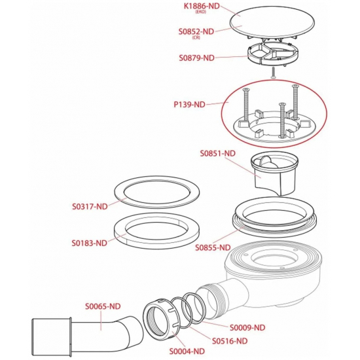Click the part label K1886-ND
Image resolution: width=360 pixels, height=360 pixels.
click(202, 6)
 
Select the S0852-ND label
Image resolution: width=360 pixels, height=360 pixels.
click(196, 31)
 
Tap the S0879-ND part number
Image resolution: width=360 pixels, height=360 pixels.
click(196, 58)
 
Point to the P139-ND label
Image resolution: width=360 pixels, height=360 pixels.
click(189, 105)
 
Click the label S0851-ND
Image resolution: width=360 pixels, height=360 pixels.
click(218, 153)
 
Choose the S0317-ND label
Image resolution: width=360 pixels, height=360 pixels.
click(90, 207)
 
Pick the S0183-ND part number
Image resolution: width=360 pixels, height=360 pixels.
click(90, 243)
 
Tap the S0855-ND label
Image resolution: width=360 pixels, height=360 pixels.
click(213, 247)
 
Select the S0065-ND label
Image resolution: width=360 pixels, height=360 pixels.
click(103, 306)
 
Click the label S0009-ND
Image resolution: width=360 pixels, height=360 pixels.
click(247, 328)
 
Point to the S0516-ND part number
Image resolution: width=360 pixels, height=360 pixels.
click(230, 341)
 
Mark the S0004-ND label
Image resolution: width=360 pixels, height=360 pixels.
click(187, 351)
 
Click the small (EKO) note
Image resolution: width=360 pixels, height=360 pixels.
click(201, 12)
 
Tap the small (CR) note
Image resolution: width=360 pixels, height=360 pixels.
click(196, 38)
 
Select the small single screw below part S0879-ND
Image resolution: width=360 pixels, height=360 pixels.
click(272, 73)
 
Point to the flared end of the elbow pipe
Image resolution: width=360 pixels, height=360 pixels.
click(51, 336)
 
